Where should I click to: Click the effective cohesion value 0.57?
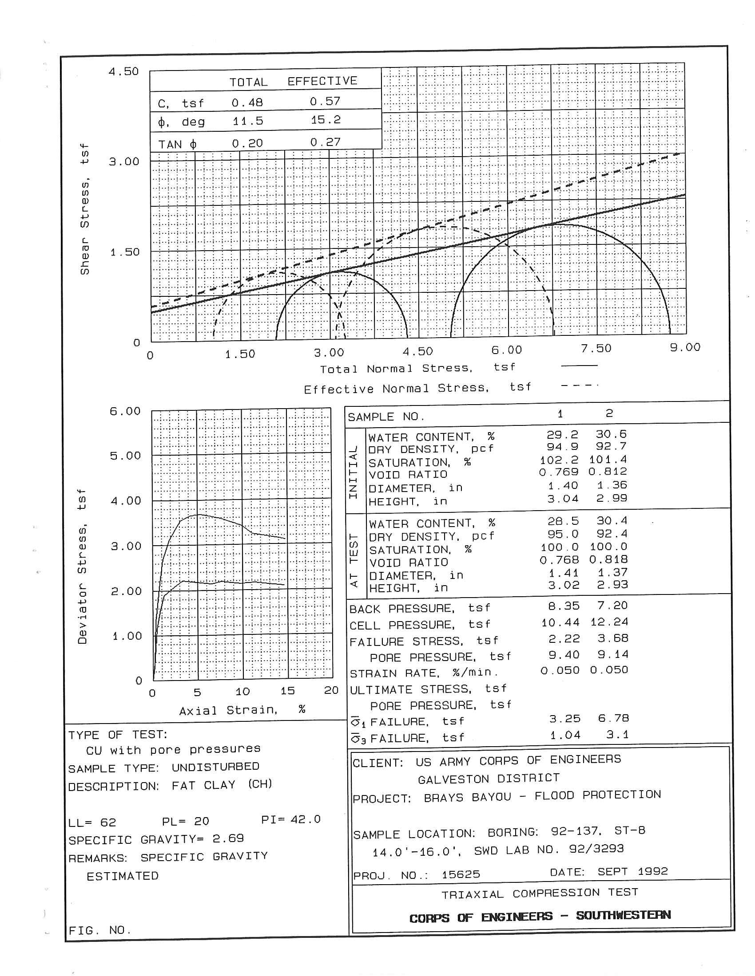325,102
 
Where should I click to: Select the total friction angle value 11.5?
247,121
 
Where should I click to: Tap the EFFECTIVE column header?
322,81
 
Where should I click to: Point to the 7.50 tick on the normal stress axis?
596,349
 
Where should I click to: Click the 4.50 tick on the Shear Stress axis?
123,71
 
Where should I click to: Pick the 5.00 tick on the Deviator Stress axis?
125,456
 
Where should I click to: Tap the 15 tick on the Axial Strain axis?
287,691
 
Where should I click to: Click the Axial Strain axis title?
242,710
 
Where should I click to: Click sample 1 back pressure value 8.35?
564,606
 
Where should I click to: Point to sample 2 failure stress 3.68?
613,638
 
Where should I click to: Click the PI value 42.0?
306,819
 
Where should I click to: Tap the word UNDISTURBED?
215,767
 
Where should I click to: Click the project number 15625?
461,874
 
